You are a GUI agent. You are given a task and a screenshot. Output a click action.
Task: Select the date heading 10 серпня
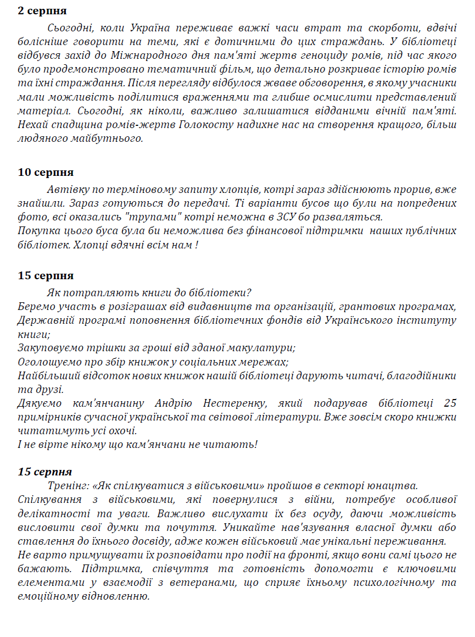(x=46, y=173)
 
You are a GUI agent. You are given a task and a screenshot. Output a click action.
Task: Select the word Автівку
(x=67, y=190)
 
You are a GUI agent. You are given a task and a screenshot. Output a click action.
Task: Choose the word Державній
(x=42, y=320)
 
